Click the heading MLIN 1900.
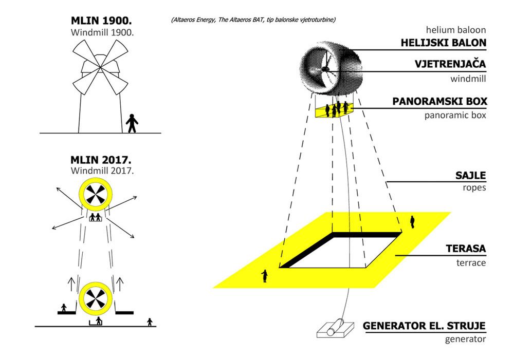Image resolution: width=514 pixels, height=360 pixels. pos(101,21)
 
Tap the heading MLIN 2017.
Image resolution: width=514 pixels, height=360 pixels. pos(101,160)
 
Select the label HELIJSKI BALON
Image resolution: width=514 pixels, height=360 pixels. pos(444,43)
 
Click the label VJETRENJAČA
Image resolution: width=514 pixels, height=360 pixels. pos(450,64)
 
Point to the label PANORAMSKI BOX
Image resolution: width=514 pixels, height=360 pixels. pos(439,101)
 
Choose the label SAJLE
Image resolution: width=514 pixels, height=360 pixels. pos(470,175)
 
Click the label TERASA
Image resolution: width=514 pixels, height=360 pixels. pos(466,249)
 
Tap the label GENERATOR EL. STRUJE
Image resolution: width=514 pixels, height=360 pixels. pos(424,326)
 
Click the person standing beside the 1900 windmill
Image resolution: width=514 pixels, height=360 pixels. pos(132,123)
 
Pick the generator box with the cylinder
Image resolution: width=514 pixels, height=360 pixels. pos(335,329)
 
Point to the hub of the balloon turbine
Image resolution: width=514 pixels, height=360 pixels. pos(325,69)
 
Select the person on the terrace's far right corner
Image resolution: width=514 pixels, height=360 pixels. pos(412,222)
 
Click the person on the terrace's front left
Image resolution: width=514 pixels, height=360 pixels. pos(265,276)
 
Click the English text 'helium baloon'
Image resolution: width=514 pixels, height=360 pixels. pos(455,30)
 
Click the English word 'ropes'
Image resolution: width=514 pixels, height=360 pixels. pos(474,188)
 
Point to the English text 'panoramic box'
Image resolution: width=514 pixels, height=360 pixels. pos(455,116)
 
